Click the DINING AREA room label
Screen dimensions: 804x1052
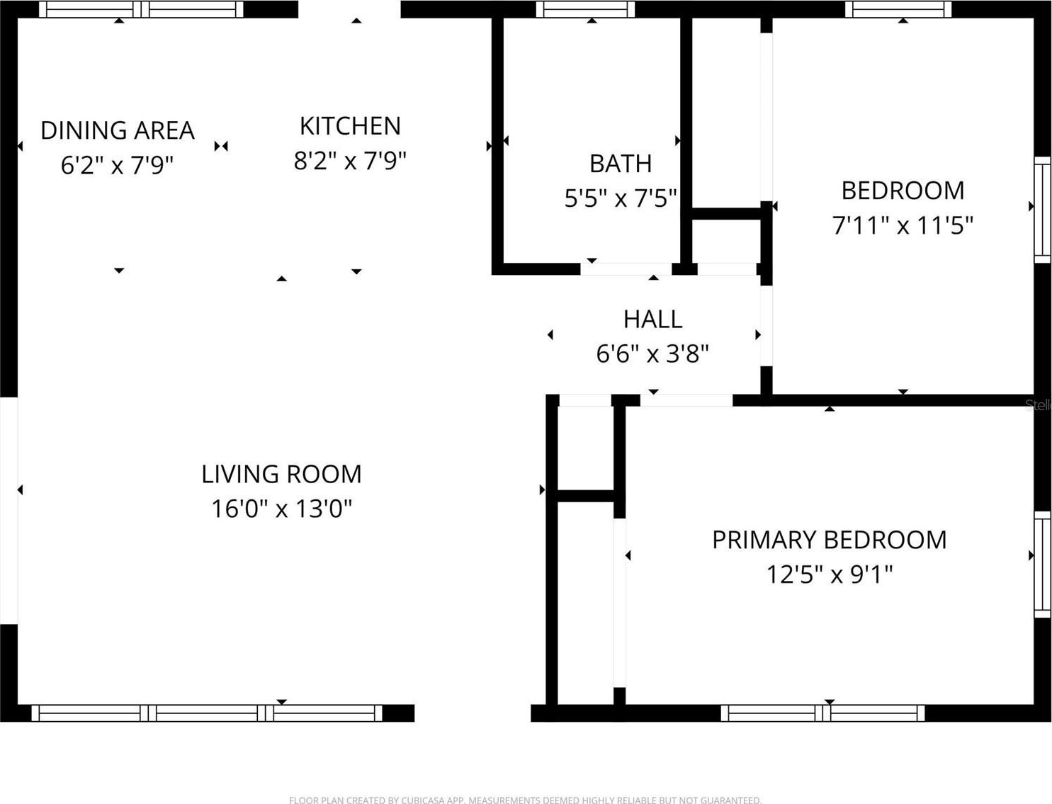pyautogui.click(x=117, y=130)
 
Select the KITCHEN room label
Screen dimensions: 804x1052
pyautogui.click(x=350, y=126)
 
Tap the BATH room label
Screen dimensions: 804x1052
pyautogui.click(x=621, y=164)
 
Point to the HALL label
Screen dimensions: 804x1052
pyautogui.click(x=652, y=319)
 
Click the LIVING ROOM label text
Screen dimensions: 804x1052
pyautogui.click(x=281, y=474)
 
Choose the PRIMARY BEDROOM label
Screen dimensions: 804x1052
pyautogui.click(x=829, y=540)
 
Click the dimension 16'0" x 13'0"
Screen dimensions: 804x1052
pyautogui.click(x=281, y=509)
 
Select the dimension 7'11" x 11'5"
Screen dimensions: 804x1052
pyautogui.click(x=903, y=225)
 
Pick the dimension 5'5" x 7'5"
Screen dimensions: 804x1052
pyautogui.click(x=621, y=198)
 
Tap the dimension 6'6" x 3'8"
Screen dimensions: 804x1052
pyautogui.click(x=652, y=353)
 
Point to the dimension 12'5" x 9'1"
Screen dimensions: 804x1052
pyautogui.click(x=829, y=574)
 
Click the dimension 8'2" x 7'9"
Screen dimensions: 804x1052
pyautogui.click(x=350, y=161)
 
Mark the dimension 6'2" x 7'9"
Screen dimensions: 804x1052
pyautogui.click(x=117, y=165)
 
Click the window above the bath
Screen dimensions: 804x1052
pyautogui.click(x=585, y=9)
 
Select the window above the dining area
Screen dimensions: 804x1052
pyautogui.click(x=141, y=9)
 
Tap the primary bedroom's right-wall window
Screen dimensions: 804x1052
pyautogui.click(x=1042, y=564)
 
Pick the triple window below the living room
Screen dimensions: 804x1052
pyautogui.click(x=207, y=713)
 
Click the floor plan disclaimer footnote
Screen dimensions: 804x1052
pyautogui.click(x=525, y=800)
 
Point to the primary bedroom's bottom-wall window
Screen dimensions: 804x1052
pyautogui.click(x=822, y=713)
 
